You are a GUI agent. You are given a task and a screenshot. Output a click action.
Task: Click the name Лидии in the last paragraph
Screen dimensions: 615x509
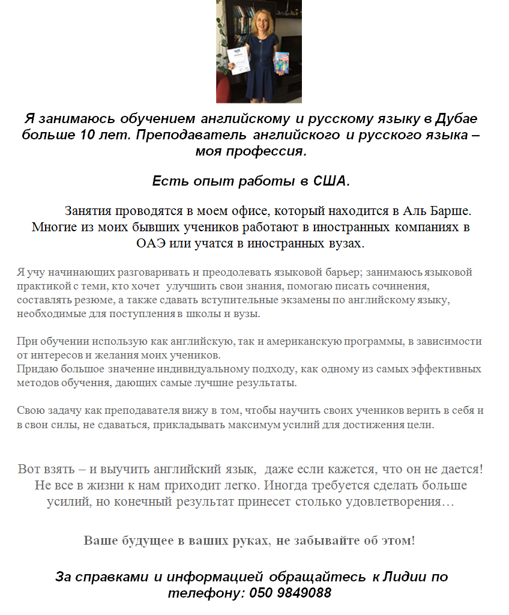pyautogui.click(x=406, y=577)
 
